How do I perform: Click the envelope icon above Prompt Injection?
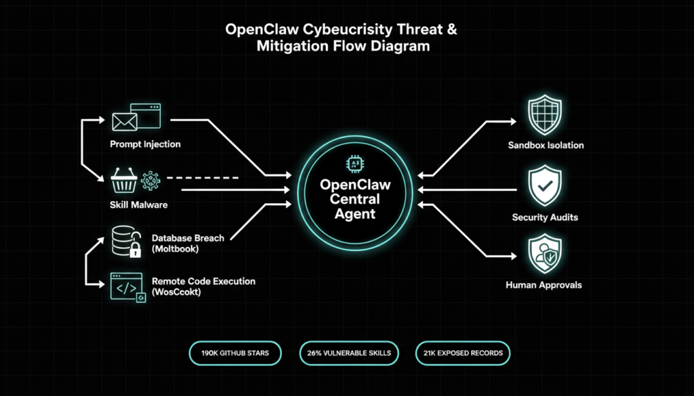[x=124, y=121]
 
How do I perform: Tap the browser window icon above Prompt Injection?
[x=146, y=115]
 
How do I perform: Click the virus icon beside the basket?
[x=149, y=181]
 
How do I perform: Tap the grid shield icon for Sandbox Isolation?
[x=546, y=116]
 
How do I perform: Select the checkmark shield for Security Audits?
[x=546, y=186]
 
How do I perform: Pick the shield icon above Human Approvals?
[x=546, y=253]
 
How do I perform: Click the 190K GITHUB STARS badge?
[x=236, y=353]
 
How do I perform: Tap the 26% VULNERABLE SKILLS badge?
[x=348, y=353]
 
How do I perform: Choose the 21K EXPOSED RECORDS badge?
[x=463, y=353]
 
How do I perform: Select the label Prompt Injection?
[x=145, y=144]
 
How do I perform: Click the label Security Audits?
[x=545, y=217]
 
